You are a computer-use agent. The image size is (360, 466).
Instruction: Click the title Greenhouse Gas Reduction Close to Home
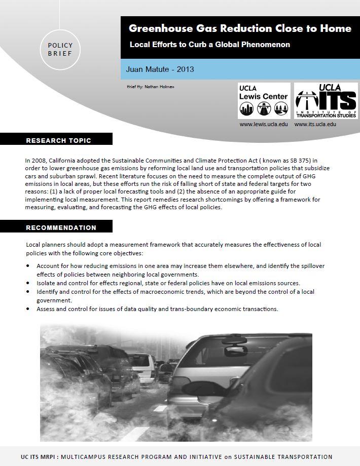point(240,28)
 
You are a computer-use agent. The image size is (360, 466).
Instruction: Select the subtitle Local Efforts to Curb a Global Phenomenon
point(210,45)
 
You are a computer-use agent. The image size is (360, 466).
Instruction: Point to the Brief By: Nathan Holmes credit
point(151,87)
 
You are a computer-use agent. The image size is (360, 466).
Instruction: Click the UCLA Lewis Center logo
point(264,101)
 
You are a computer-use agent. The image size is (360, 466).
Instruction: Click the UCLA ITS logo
point(326,101)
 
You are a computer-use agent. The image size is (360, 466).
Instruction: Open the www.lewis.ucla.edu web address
point(264,124)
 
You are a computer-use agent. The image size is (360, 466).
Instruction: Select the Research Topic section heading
point(58,140)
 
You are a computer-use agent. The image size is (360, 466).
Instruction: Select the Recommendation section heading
point(61,227)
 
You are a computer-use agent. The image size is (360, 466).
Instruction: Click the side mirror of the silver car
point(233,349)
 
